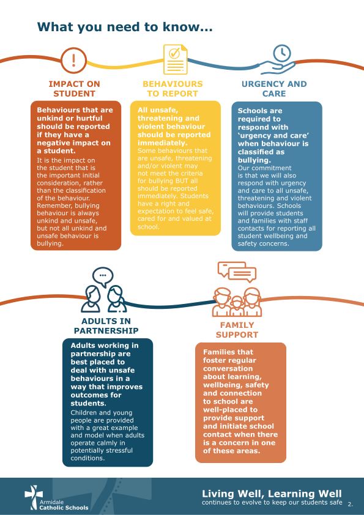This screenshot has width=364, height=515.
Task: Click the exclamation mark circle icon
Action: point(73,61)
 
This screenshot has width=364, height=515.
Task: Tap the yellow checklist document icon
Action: point(176,59)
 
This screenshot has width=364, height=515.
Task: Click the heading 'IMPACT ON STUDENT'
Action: point(74,89)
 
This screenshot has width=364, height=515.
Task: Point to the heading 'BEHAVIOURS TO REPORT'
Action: point(173,89)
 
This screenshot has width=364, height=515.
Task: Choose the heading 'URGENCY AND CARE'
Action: point(274,89)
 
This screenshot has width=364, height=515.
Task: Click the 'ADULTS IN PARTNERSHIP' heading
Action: point(106,326)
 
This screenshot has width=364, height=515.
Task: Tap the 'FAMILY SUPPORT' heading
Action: point(237,330)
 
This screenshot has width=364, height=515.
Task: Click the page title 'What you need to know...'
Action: point(125,27)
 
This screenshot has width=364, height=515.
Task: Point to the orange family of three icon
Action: point(237,302)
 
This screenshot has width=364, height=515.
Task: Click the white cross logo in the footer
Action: point(34,497)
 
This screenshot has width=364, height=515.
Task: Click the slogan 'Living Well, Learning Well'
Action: point(272,494)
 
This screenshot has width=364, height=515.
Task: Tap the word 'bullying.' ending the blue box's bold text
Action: point(254,160)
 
